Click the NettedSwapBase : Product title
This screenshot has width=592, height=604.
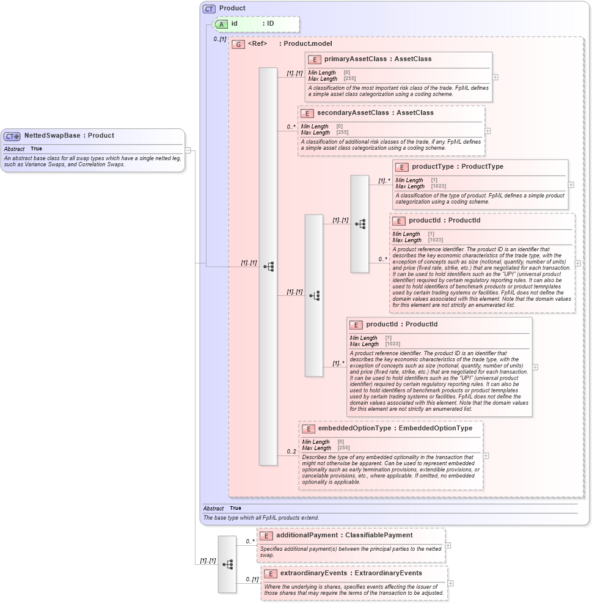[69, 136]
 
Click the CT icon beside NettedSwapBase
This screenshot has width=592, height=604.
[12, 136]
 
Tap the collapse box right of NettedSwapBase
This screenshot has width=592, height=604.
[188, 150]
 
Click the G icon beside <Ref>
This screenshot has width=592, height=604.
[238, 45]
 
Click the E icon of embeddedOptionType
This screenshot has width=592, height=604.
[309, 429]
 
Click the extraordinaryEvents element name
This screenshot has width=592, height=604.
[313, 573]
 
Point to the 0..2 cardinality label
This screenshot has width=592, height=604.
[292, 452]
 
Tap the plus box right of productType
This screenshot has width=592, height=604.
[571, 185]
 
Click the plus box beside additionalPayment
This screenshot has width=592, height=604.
[448, 545]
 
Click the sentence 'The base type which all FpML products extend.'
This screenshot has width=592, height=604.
[261, 518]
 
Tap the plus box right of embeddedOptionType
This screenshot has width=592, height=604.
[486, 455]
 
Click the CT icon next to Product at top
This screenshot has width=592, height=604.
[210, 9]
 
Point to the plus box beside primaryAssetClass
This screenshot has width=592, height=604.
[495, 77]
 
